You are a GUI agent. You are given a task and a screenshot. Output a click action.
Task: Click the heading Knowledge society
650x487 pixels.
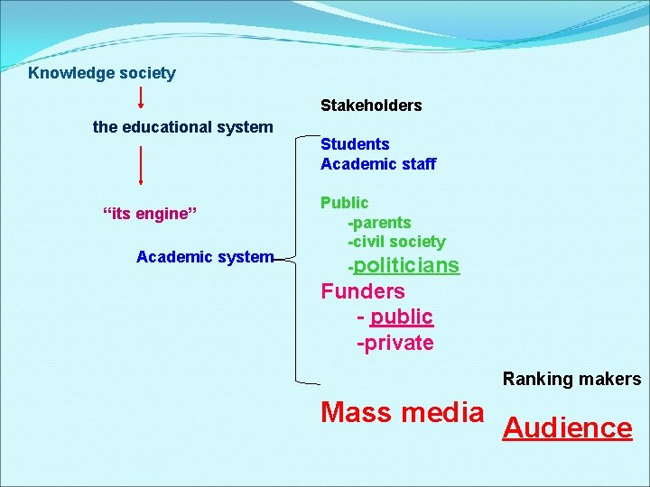(x=102, y=73)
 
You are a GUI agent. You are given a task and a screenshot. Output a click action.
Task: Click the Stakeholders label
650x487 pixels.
(x=371, y=106)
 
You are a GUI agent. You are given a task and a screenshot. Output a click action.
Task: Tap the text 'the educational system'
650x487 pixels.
(x=182, y=127)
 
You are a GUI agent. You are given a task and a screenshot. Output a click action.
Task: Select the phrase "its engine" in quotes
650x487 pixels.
(x=149, y=214)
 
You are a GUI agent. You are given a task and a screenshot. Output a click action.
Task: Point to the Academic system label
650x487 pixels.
(x=204, y=257)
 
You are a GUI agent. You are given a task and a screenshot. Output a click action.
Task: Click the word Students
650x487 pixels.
(x=355, y=144)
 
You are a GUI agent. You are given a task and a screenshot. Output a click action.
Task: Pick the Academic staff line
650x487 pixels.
(x=377, y=164)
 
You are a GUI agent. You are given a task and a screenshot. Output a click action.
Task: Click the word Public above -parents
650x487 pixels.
(x=344, y=203)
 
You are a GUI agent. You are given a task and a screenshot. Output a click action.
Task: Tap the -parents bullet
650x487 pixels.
(x=379, y=222)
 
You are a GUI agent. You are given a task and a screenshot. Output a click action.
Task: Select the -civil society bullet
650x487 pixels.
(x=396, y=242)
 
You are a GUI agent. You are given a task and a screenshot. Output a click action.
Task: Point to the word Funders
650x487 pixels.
(x=363, y=291)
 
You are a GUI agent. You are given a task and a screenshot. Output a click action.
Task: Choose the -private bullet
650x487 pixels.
(x=395, y=343)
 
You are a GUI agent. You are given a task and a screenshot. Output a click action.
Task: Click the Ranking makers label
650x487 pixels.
(x=571, y=379)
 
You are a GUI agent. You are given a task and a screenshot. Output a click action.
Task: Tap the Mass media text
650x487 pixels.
(x=403, y=413)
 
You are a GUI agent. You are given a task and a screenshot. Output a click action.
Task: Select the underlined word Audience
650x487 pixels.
(x=567, y=427)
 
